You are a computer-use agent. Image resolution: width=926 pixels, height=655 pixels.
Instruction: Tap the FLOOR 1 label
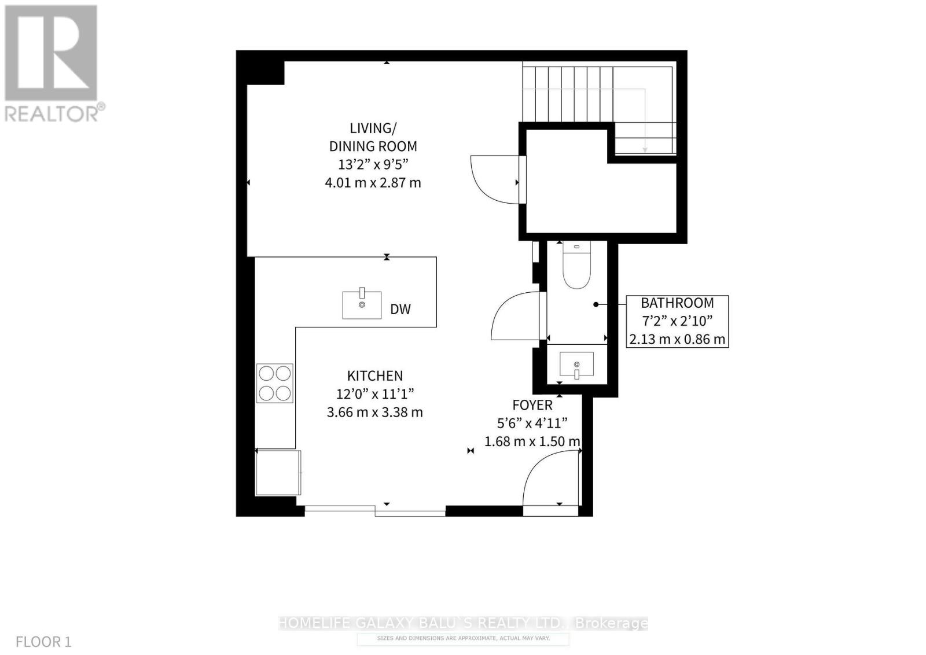[x=43, y=642]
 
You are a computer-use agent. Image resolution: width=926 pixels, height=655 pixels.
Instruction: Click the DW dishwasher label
[x=400, y=309]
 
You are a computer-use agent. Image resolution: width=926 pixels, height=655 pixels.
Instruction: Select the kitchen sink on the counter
[x=362, y=305]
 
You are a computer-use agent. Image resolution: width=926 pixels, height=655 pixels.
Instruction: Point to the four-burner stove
[x=275, y=383]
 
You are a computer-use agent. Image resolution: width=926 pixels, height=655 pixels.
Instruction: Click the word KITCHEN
[x=375, y=376]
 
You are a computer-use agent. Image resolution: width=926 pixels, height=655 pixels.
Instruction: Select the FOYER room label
[x=532, y=405]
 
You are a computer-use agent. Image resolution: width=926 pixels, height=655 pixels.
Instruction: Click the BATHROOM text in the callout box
[x=677, y=303]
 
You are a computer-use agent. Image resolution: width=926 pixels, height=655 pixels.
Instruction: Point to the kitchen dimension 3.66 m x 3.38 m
[x=375, y=413]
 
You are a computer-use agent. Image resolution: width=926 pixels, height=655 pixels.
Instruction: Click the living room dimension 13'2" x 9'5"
[x=373, y=164]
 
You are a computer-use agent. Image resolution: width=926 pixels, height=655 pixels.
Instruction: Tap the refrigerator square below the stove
[x=278, y=472]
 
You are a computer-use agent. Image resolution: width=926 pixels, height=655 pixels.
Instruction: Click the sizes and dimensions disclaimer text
[x=463, y=638]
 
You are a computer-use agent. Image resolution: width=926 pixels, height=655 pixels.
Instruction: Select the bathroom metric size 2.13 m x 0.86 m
[x=677, y=339]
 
